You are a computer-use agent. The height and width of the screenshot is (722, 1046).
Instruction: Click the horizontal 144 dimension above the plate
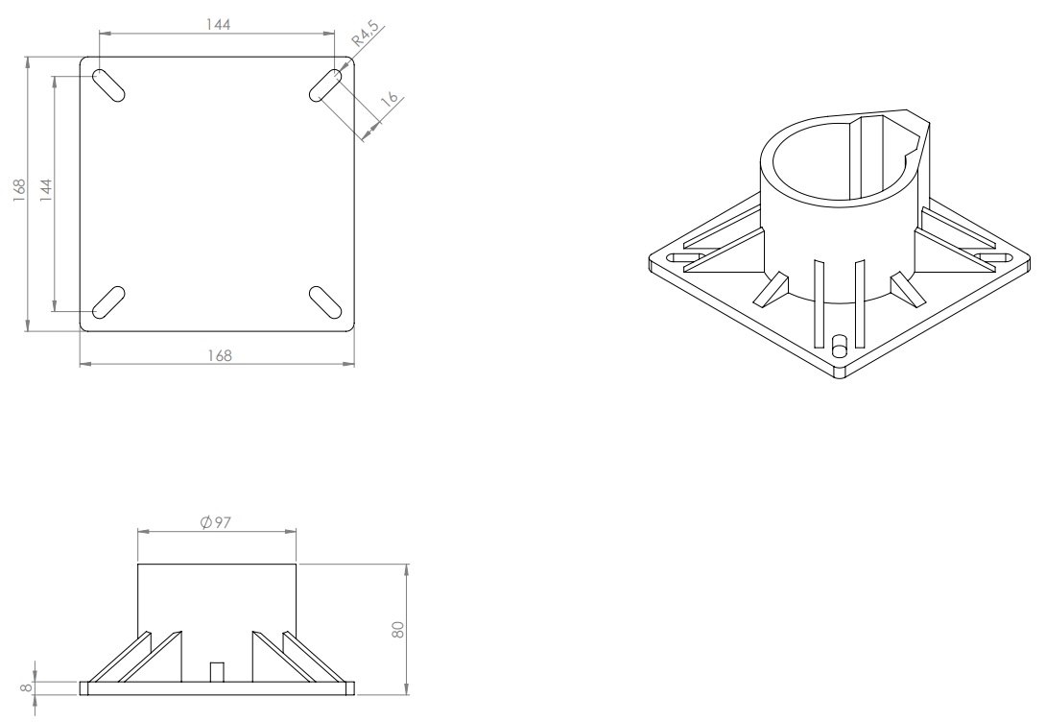click(x=218, y=25)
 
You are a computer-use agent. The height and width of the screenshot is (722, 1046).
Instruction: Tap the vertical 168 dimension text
click(x=19, y=189)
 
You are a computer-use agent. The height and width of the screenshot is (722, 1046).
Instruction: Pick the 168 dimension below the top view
click(x=220, y=355)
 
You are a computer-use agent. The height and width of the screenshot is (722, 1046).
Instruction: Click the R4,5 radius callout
click(x=366, y=34)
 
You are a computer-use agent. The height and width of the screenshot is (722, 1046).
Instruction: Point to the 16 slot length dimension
click(x=390, y=99)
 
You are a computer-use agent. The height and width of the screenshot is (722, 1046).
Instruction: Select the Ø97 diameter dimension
click(x=216, y=521)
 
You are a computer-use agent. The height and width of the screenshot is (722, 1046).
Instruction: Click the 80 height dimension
click(x=398, y=629)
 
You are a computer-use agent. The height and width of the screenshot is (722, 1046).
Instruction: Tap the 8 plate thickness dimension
click(x=27, y=686)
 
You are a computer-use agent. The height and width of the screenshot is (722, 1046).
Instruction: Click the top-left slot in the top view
click(x=108, y=85)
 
